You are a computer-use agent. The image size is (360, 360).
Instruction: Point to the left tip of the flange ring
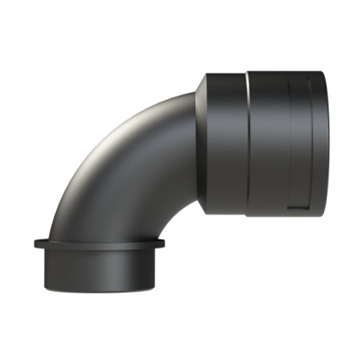[x=33, y=243]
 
